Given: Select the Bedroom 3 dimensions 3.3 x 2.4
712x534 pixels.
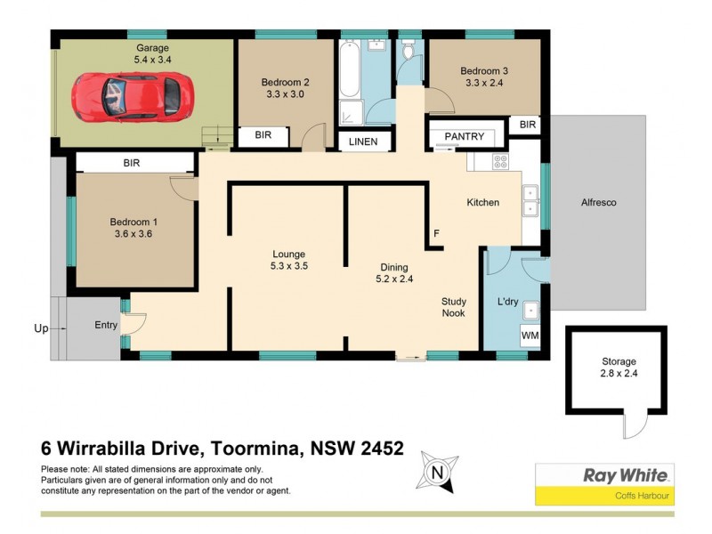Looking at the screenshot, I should click(x=484, y=84).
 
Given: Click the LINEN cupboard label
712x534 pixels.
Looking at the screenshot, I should click(x=362, y=142).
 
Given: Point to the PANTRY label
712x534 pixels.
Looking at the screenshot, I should click(x=464, y=136).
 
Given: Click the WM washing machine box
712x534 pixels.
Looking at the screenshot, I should click(x=530, y=336).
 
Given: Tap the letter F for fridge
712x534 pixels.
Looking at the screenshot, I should click(x=436, y=234).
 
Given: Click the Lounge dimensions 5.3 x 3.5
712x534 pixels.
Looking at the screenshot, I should click(x=289, y=265).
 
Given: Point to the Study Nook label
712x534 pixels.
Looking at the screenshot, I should click(x=454, y=307).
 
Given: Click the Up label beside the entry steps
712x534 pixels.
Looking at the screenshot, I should click(x=41, y=328).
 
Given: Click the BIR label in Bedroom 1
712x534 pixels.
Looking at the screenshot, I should click(x=132, y=163).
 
